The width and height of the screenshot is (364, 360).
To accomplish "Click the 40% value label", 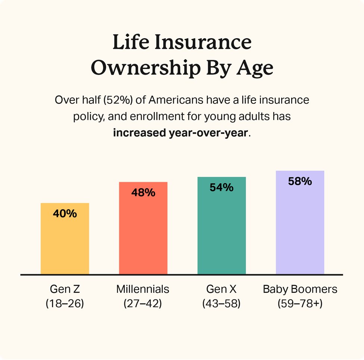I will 65,214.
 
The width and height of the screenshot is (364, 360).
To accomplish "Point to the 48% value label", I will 143,193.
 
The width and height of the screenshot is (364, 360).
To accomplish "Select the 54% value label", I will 221,187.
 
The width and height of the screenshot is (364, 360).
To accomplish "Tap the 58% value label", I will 300,181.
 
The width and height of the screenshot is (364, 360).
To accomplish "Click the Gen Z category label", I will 65,289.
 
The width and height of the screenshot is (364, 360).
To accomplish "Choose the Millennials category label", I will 143,289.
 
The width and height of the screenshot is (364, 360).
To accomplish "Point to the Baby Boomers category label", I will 300,289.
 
